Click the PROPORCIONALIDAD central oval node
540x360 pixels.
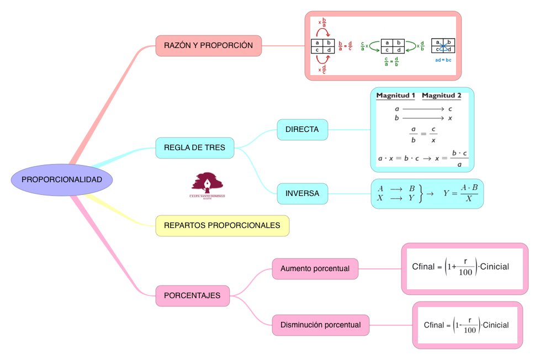point(62,180)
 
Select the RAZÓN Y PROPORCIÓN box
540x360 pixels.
point(209,45)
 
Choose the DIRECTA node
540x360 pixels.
point(302,130)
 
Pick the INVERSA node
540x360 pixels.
point(302,194)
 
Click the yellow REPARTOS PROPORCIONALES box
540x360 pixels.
point(222,225)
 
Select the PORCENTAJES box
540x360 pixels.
point(192,295)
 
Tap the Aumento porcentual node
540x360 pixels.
point(315,268)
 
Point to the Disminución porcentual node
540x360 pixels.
point(320,325)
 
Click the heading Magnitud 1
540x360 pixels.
point(395,96)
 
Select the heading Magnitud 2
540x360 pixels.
point(441,96)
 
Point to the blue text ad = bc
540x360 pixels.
point(443,59)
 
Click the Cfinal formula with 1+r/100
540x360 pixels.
point(460,267)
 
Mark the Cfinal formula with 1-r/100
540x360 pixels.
point(466,325)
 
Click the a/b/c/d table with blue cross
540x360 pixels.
point(443,46)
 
